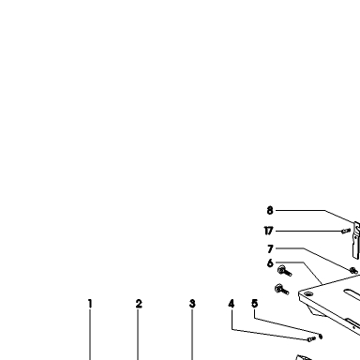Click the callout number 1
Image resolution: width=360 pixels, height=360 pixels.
click(x=90, y=304)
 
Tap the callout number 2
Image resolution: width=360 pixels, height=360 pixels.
click(x=139, y=304)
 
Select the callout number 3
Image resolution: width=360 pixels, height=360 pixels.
click(x=192, y=304)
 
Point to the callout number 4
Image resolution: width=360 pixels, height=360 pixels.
click(x=232, y=304)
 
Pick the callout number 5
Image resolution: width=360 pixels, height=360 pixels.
click(x=255, y=304)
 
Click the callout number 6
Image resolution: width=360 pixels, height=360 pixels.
click(x=270, y=263)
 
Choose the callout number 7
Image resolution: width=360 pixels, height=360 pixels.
click(x=270, y=249)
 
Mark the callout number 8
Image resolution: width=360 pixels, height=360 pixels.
click(x=270, y=211)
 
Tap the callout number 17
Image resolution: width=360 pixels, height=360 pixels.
click(x=268, y=231)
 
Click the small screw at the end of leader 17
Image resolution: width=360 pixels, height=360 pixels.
click(x=346, y=232)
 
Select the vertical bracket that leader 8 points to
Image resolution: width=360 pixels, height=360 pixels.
click(x=356, y=240)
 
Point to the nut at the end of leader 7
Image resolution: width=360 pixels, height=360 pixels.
click(x=353, y=271)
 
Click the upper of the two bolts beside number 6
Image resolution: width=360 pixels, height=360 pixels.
click(x=284, y=271)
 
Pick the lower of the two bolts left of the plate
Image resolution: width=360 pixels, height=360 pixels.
click(x=281, y=290)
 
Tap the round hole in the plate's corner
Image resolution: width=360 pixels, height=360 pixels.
click(x=308, y=293)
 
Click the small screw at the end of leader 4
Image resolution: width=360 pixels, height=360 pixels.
click(x=311, y=339)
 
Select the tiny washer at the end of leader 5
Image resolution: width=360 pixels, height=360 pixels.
click(x=321, y=337)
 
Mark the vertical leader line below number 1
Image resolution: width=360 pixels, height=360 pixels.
click(x=90, y=335)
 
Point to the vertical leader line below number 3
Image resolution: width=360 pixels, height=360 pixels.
click(x=192, y=335)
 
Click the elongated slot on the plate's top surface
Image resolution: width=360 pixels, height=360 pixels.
click(x=352, y=293)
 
